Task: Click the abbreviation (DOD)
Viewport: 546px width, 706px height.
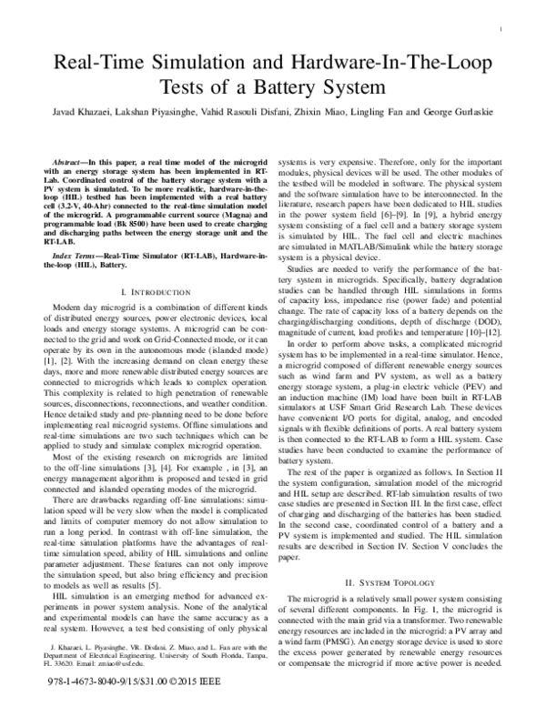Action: coord(473,324)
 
